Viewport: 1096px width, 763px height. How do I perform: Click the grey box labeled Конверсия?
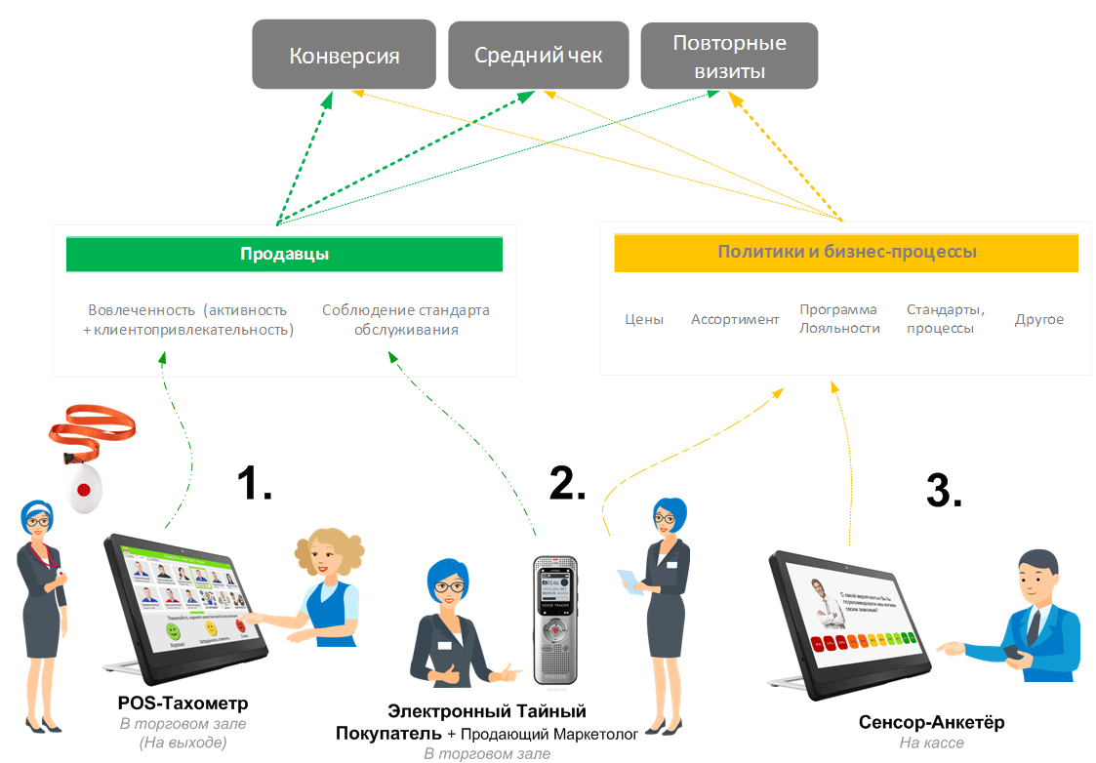tap(345, 56)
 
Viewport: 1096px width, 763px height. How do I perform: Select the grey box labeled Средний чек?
tap(538, 56)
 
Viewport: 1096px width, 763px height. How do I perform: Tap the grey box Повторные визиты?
tap(729, 57)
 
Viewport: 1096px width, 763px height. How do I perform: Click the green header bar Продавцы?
tap(284, 255)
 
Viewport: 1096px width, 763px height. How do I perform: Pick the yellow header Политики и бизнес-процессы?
tap(846, 252)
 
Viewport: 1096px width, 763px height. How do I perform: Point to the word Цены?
tap(644, 319)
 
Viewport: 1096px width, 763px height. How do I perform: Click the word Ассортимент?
tap(735, 319)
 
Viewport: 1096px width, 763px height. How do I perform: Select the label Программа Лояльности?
tap(839, 319)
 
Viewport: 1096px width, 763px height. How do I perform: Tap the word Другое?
tap(1038, 319)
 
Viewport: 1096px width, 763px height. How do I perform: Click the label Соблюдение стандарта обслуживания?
tap(406, 320)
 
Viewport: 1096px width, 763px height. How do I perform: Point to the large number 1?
tap(255, 482)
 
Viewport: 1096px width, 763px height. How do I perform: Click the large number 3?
tap(943, 490)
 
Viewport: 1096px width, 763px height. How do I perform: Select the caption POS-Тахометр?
tap(183, 703)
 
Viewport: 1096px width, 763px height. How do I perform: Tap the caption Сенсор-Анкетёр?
tap(931, 723)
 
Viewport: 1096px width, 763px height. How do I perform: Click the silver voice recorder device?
tap(555, 619)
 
